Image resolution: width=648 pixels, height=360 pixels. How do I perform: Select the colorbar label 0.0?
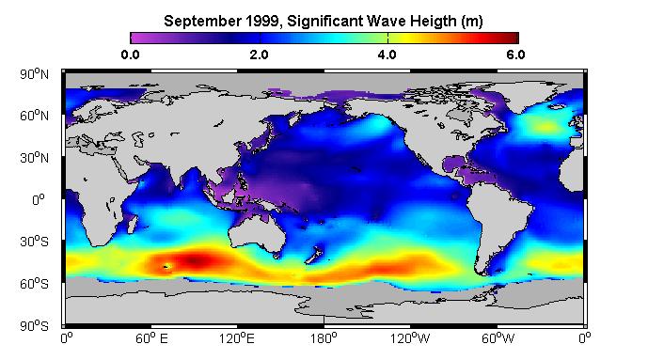[130, 55]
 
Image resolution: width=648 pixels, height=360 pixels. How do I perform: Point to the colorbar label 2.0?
[260, 55]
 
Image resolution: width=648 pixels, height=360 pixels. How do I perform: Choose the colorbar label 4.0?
[387, 55]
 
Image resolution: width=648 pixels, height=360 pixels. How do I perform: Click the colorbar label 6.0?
[515, 55]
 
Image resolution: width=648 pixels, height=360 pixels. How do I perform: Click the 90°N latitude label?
[34, 74]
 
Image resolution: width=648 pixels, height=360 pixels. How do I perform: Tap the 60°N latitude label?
[34, 116]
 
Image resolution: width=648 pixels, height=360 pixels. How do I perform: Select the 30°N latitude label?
[34, 158]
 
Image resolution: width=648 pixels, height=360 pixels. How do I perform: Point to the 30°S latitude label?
[34, 242]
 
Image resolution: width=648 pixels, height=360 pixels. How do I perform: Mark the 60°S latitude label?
[34, 284]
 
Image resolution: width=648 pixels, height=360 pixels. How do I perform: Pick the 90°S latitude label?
[34, 326]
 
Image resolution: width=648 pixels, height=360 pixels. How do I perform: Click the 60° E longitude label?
[151, 338]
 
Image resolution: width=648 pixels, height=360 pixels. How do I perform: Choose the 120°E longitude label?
[237, 338]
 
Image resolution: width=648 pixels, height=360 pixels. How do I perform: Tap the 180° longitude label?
[324, 338]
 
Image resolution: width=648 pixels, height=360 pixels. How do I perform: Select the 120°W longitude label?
[410, 338]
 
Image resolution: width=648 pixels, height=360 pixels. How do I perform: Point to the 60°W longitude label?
[498, 338]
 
